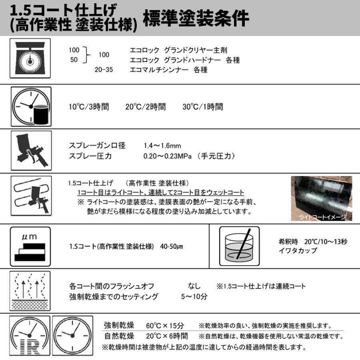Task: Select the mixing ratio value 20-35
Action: coord(104,70)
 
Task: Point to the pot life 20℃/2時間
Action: coord(145,107)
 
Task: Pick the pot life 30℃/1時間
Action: coord(203,107)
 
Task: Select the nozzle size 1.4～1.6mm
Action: coord(162,146)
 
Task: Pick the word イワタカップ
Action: coord(298,251)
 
